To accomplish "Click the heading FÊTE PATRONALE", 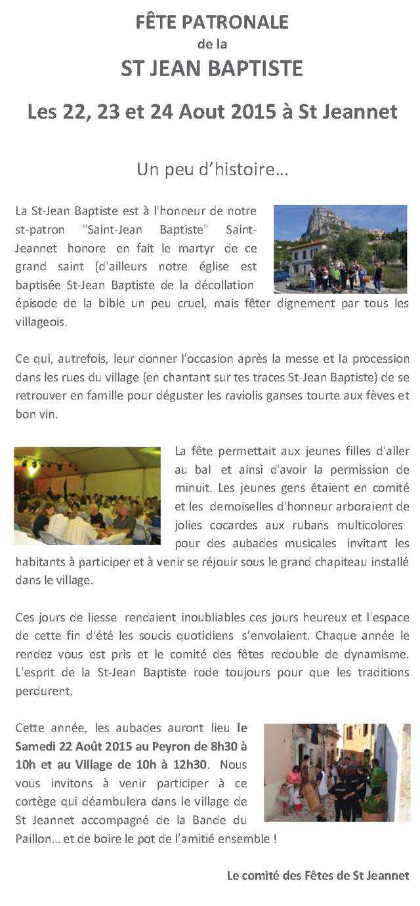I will pos(212,22).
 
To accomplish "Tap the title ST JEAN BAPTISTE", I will pos(212,68).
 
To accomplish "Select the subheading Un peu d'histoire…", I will pos(212,169).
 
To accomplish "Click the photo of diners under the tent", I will pos(87,495).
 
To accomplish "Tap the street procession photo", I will pos(337,772).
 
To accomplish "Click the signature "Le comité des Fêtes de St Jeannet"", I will pos(318,875).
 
